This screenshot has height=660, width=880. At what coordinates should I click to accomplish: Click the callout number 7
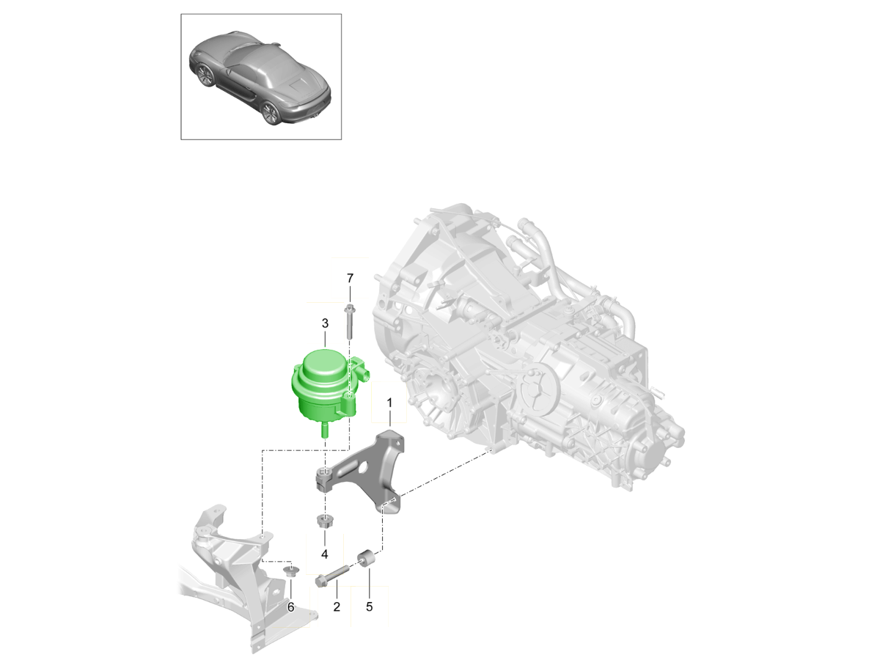[350, 278]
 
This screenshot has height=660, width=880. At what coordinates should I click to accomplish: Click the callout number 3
[325, 323]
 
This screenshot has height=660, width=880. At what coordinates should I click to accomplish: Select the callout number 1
[389, 403]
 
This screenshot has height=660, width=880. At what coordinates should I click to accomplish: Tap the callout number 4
[324, 554]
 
